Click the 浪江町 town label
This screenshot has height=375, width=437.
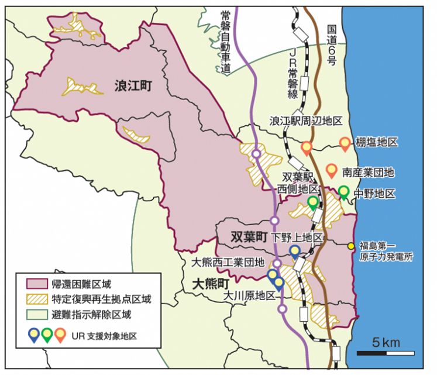click(133, 87)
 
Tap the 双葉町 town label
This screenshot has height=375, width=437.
click(249, 237)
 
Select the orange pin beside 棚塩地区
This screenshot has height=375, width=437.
click(345, 143)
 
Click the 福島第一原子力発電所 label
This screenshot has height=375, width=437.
click(387, 251)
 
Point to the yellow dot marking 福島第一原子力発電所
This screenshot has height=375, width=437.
click(350, 246)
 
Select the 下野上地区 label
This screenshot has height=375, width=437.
click(297, 238)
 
